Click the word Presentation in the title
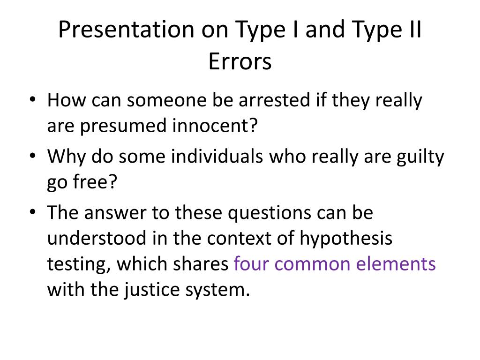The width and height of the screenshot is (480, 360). (x=123, y=30)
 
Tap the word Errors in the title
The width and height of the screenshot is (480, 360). (x=240, y=61)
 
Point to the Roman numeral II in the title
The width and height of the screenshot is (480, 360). (x=412, y=30)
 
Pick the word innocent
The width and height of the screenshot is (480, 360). (x=219, y=126)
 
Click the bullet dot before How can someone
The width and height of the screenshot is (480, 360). (x=32, y=100)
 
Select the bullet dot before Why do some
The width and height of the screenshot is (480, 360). (x=32, y=157)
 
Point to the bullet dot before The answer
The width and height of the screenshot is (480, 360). (x=32, y=213)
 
